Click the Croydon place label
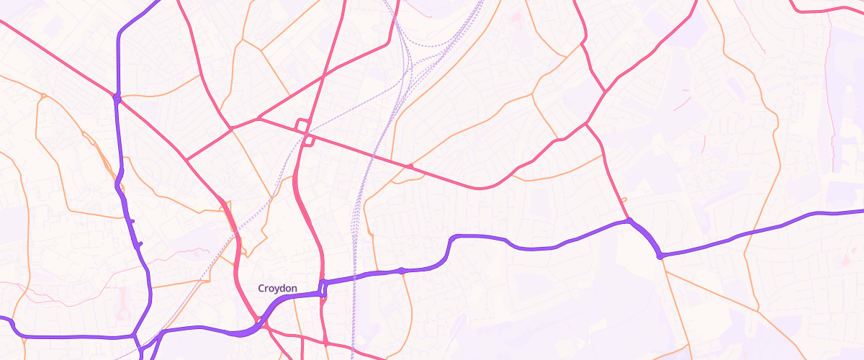pyautogui.click(x=277, y=289)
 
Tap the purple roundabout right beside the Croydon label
pyautogui.click(x=323, y=288)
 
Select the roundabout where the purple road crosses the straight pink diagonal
pyautogui.click(x=116, y=97)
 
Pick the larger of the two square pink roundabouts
pyautogui.click(x=303, y=125)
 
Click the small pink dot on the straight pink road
pyautogui.click(x=410, y=167)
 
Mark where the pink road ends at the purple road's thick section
pyautogui.click(x=629, y=220)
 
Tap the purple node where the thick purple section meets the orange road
pyautogui.click(x=660, y=255)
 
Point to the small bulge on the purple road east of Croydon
pyautogui.click(x=402, y=271)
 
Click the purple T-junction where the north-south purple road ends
pyautogui.click(x=135, y=335)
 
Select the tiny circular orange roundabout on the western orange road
pyautogui.click(x=44, y=96)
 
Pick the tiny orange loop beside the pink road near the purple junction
pyautogui.click(x=624, y=199)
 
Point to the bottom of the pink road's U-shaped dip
pyautogui.click(x=479, y=188)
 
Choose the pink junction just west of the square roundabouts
pyautogui.click(x=258, y=118)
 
